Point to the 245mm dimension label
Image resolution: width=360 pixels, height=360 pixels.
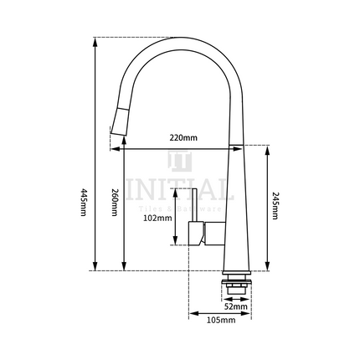[x=275, y=205]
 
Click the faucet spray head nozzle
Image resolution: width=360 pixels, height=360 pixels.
[x=118, y=125]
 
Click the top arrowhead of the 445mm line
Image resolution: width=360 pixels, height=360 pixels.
[x=96, y=40]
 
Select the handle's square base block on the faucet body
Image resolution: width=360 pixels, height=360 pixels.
[x=200, y=234]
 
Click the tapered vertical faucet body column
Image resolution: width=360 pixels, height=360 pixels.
[x=236, y=209]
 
